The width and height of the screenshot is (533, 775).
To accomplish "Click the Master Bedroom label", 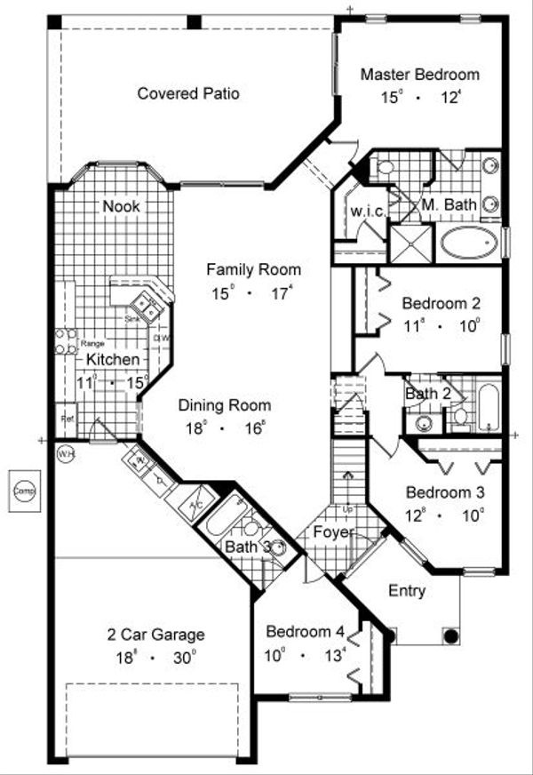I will [x=419, y=75].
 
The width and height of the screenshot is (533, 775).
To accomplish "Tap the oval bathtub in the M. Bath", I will [x=470, y=242].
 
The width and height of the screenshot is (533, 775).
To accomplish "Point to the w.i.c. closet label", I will [x=366, y=211].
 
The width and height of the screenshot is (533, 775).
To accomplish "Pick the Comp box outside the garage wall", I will [x=23, y=491].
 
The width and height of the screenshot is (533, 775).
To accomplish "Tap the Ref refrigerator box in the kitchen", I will [x=66, y=419].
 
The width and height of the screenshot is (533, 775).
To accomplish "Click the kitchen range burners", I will [x=66, y=342].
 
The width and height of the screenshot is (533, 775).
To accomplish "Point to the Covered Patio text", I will [x=188, y=93].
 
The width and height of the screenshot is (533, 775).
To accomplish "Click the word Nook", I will [x=122, y=206].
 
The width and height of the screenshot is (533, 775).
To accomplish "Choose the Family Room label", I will [x=253, y=269].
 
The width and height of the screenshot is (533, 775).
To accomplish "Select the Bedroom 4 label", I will [x=305, y=633].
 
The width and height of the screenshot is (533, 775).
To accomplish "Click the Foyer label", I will [x=332, y=533].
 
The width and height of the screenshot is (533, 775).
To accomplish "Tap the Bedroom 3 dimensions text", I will [x=445, y=514].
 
